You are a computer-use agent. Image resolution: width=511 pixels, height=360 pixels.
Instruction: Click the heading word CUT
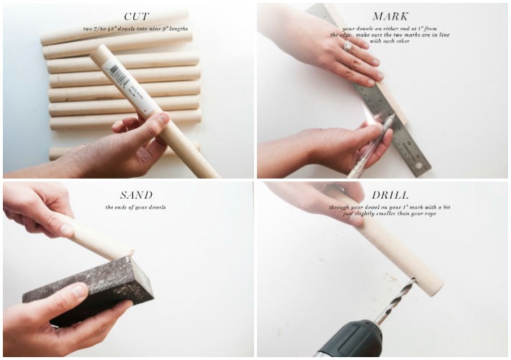(x=136, y=17)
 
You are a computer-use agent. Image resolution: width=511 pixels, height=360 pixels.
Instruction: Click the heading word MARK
(x=390, y=17)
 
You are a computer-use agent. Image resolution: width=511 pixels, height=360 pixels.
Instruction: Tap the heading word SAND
(x=136, y=194)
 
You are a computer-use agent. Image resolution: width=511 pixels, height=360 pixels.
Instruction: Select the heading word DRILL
(x=390, y=194)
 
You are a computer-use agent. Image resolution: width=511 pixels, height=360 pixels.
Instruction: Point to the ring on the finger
(x=348, y=47)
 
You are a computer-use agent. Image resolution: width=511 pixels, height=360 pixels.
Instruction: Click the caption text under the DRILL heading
(x=390, y=210)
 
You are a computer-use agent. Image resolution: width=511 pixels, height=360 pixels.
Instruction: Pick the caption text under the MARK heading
(x=390, y=35)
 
